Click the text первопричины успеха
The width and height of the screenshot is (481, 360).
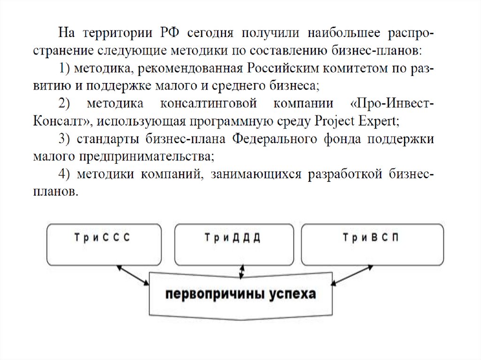point(240,294)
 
